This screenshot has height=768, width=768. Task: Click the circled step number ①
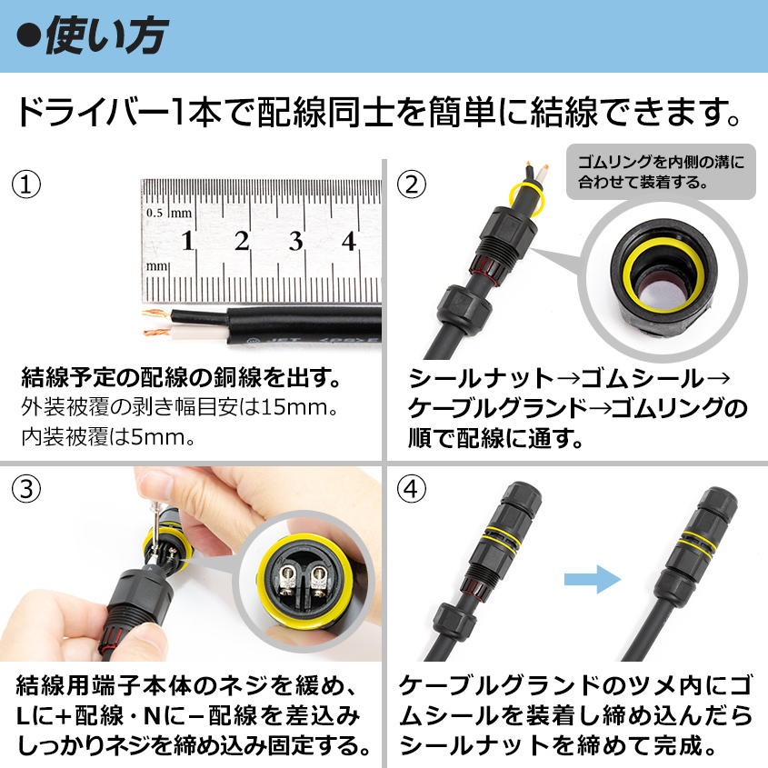[x=26, y=185]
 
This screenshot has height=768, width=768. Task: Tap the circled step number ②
[x=412, y=185]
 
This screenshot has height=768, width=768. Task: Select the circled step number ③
[x=26, y=489]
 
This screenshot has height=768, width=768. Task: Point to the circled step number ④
[x=412, y=489]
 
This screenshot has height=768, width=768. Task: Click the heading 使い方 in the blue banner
[x=106, y=35]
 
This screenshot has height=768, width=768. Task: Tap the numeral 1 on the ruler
[x=187, y=241]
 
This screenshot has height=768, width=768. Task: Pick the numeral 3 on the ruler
[x=295, y=241]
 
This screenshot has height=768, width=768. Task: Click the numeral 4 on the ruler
[x=349, y=241]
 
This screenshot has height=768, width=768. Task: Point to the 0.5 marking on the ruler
[x=155, y=213]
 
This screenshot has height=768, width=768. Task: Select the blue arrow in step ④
[x=593, y=580]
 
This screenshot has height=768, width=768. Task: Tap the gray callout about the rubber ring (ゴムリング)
[x=661, y=172]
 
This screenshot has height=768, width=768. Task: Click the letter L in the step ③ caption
[x=24, y=716]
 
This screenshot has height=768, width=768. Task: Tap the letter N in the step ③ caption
[x=152, y=716]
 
